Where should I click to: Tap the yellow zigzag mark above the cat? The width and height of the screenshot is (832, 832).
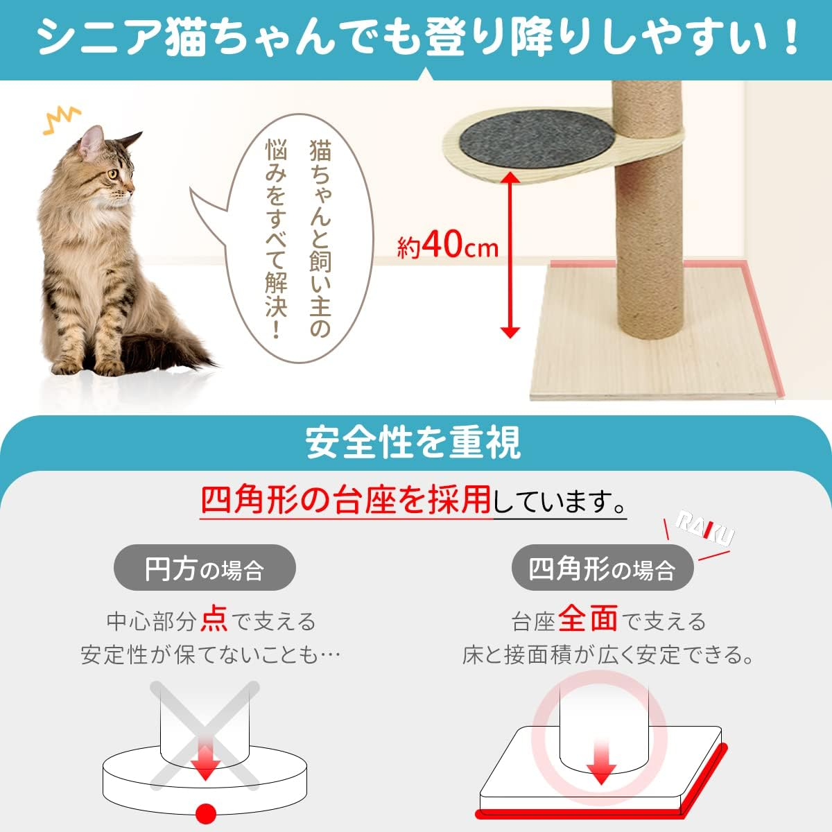click(62, 119)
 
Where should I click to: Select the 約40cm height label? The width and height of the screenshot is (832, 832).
click(448, 245)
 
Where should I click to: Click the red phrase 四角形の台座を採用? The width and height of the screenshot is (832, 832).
click(347, 499)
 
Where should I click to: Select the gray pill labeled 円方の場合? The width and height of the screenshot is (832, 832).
click(205, 569)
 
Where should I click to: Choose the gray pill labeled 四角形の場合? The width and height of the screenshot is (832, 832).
click(602, 569)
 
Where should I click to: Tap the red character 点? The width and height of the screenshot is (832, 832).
click(214, 619)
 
